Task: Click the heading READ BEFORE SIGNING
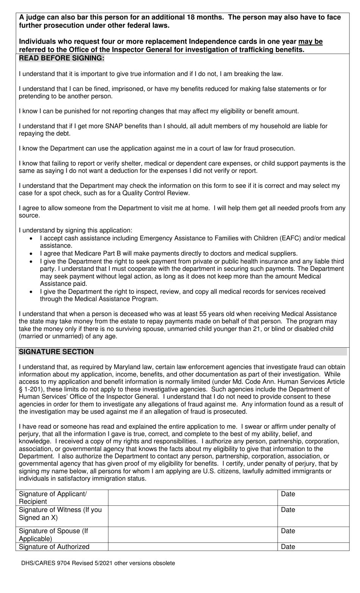(x=61, y=58)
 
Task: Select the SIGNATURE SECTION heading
(x=56, y=351)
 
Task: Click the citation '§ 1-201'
(x=30, y=389)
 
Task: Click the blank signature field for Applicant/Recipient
(x=193, y=497)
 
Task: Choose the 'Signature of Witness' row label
(x=60, y=513)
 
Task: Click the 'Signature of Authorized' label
(x=54, y=546)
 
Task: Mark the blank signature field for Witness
(x=193, y=516)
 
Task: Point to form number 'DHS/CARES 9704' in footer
(x=43, y=563)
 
